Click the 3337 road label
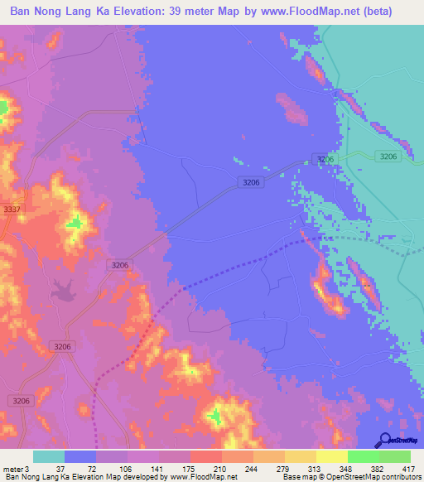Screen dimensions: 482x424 click(12, 210)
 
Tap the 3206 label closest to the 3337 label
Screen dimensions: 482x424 click(119, 265)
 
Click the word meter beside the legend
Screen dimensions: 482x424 click(12, 469)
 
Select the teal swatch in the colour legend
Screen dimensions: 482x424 click(49, 456)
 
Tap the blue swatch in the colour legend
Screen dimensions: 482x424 click(80, 456)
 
